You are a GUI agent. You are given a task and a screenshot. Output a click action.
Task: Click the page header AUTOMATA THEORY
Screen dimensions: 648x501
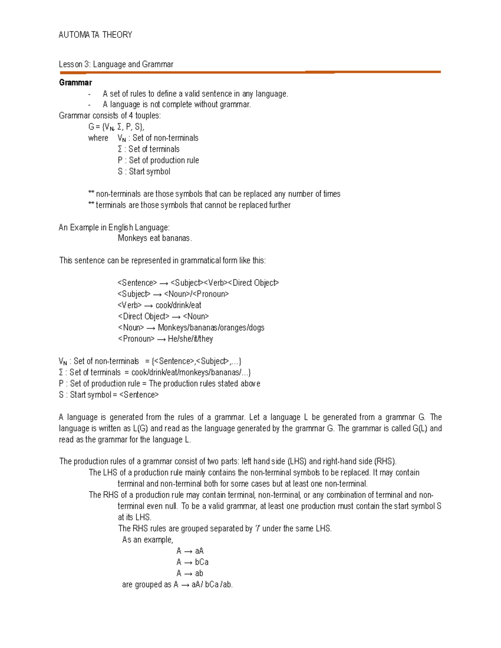tap(95, 35)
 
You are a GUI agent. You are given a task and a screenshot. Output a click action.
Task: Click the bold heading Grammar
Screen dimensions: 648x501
tap(75, 82)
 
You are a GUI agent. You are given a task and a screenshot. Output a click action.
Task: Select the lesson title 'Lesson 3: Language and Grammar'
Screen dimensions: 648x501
tap(116, 64)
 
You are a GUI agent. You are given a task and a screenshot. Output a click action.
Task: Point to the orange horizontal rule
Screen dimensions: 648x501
tap(250, 72)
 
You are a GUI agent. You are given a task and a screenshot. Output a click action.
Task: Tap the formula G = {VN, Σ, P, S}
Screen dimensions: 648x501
tap(116, 127)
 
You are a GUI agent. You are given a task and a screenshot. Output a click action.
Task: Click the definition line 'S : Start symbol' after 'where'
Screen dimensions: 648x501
tap(144, 171)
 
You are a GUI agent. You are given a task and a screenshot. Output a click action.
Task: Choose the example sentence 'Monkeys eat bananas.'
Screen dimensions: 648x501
tap(154, 238)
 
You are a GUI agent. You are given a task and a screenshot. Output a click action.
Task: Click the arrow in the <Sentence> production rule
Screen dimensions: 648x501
tap(164, 283)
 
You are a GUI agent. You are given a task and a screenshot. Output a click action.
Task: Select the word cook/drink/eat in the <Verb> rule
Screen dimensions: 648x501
tap(178, 305)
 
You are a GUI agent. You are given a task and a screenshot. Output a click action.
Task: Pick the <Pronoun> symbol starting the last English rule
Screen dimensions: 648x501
tap(136, 339)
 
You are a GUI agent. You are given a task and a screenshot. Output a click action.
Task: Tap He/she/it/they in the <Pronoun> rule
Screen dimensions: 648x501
tap(190, 339)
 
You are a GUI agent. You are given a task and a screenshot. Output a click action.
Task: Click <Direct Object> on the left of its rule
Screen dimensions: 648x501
tap(143, 317)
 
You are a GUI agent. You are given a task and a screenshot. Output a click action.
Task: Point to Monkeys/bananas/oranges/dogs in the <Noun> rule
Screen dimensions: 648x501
tap(211, 328)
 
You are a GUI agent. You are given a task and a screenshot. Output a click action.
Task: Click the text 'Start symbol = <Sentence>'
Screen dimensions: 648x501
tap(114, 395)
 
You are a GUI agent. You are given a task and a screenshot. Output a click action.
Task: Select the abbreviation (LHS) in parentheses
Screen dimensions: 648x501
tap(297, 461)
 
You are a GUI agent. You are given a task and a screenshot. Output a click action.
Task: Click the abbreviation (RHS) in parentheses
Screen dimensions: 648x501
tap(385, 461)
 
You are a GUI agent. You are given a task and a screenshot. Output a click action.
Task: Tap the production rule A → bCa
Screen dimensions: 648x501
tap(192, 562)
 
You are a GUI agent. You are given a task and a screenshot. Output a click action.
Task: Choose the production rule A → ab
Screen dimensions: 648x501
tap(190, 573)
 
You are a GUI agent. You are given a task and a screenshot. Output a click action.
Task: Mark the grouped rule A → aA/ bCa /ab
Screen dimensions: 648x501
tap(203, 585)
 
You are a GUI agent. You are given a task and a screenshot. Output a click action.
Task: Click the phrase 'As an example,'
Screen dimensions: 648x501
tap(147, 540)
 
